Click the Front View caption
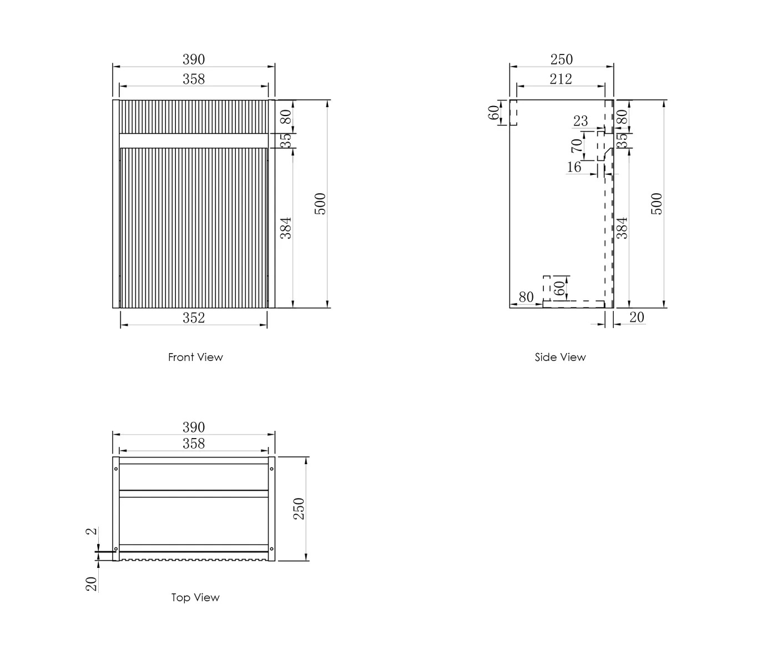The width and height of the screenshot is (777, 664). click(195, 358)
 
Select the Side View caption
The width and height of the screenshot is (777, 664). click(560, 358)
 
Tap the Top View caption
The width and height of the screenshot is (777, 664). click(195, 598)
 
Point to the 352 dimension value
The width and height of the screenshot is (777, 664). click(194, 318)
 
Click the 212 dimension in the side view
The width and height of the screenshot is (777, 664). click(561, 79)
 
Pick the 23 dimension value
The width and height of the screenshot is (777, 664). click(580, 121)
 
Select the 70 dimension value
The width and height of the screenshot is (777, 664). click(577, 145)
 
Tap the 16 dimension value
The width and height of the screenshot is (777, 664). click(574, 167)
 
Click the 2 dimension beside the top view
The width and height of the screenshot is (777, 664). click(92, 531)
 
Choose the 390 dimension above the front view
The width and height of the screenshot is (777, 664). click(194, 59)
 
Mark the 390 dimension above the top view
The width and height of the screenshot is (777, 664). click(194, 427)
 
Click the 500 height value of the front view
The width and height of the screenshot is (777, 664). click(321, 204)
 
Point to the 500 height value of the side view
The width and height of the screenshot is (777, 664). click(657, 204)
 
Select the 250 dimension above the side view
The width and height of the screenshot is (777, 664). click(561, 59)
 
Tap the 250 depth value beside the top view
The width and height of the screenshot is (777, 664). click(299, 509)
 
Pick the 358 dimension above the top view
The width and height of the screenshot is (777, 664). click(194, 444)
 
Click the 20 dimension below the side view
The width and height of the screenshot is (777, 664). click(637, 317)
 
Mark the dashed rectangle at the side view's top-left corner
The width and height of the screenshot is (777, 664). click(513, 112)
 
